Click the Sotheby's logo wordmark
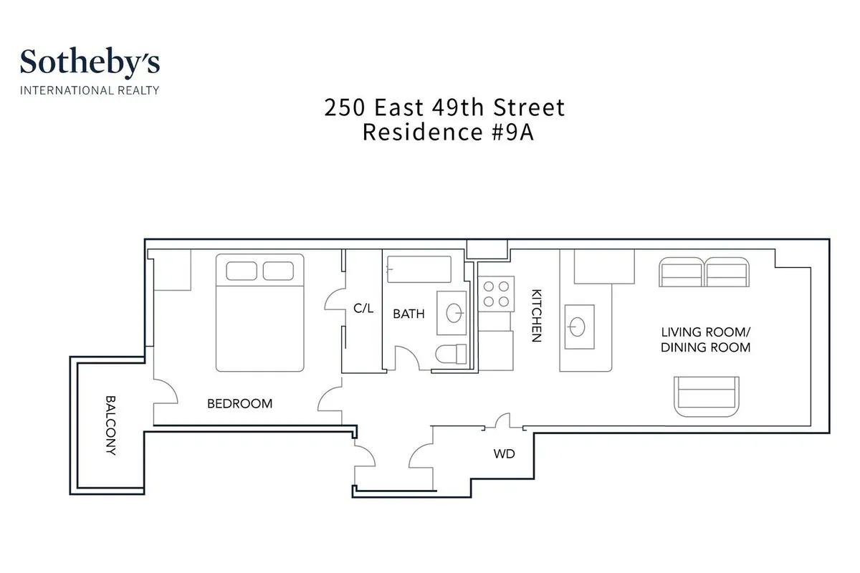click(x=90, y=62)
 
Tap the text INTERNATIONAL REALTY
click(x=90, y=90)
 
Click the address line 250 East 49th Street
click(x=444, y=107)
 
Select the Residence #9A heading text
click(x=448, y=133)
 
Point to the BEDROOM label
click(x=239, y=403)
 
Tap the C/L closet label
click(x=363, y=309)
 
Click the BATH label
click(x=408, y=314)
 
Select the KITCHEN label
click(x=535, y=316)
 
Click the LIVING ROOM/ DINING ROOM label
click(x=705, y=340)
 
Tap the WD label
click(x=504, y=453)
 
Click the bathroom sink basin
click(x=454, y=313)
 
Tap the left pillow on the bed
click(x=242, y=271)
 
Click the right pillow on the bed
click(x=278, y=271)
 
